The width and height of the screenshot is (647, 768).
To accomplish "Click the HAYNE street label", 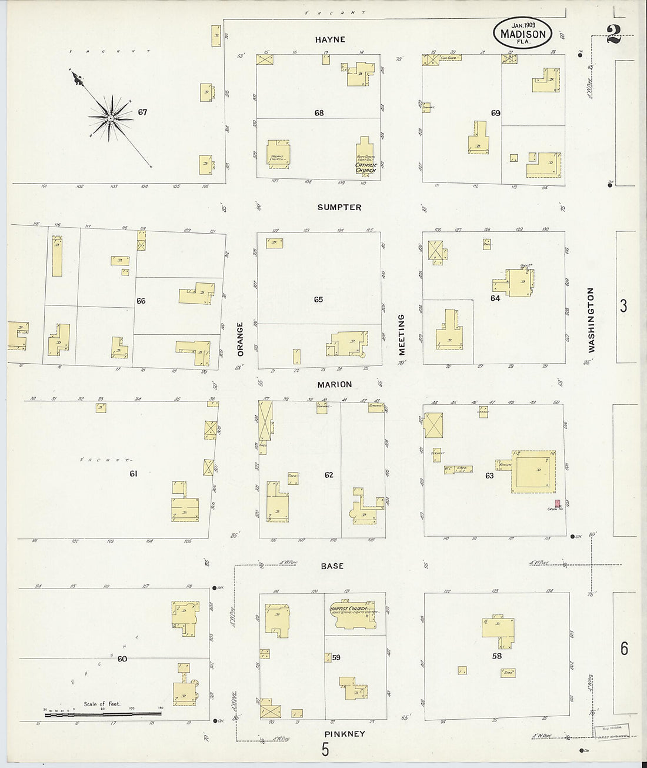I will click(x=330, y=40).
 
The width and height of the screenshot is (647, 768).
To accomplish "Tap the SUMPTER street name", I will click(x=339, y=208).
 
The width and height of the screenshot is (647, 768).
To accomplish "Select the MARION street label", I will click(x=335, y=385).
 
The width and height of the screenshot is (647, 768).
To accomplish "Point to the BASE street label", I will click(x=332, y=566).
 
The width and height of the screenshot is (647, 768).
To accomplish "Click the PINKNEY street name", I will click(x=344, y=734).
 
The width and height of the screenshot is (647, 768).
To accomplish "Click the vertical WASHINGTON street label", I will click(x=591, y=320).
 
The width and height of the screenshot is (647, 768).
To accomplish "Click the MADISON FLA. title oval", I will click(x=522, y=32).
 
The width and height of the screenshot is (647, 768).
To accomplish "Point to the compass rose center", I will click(x=110, y=118).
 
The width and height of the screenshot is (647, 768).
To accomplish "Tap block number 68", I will click(x=319, y=113).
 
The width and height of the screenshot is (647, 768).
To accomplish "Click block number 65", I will click(x=318, y=300).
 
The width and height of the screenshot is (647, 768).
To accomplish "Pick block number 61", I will click(x=134, y=473).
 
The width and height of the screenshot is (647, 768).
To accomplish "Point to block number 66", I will click(x=141, y=301).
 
